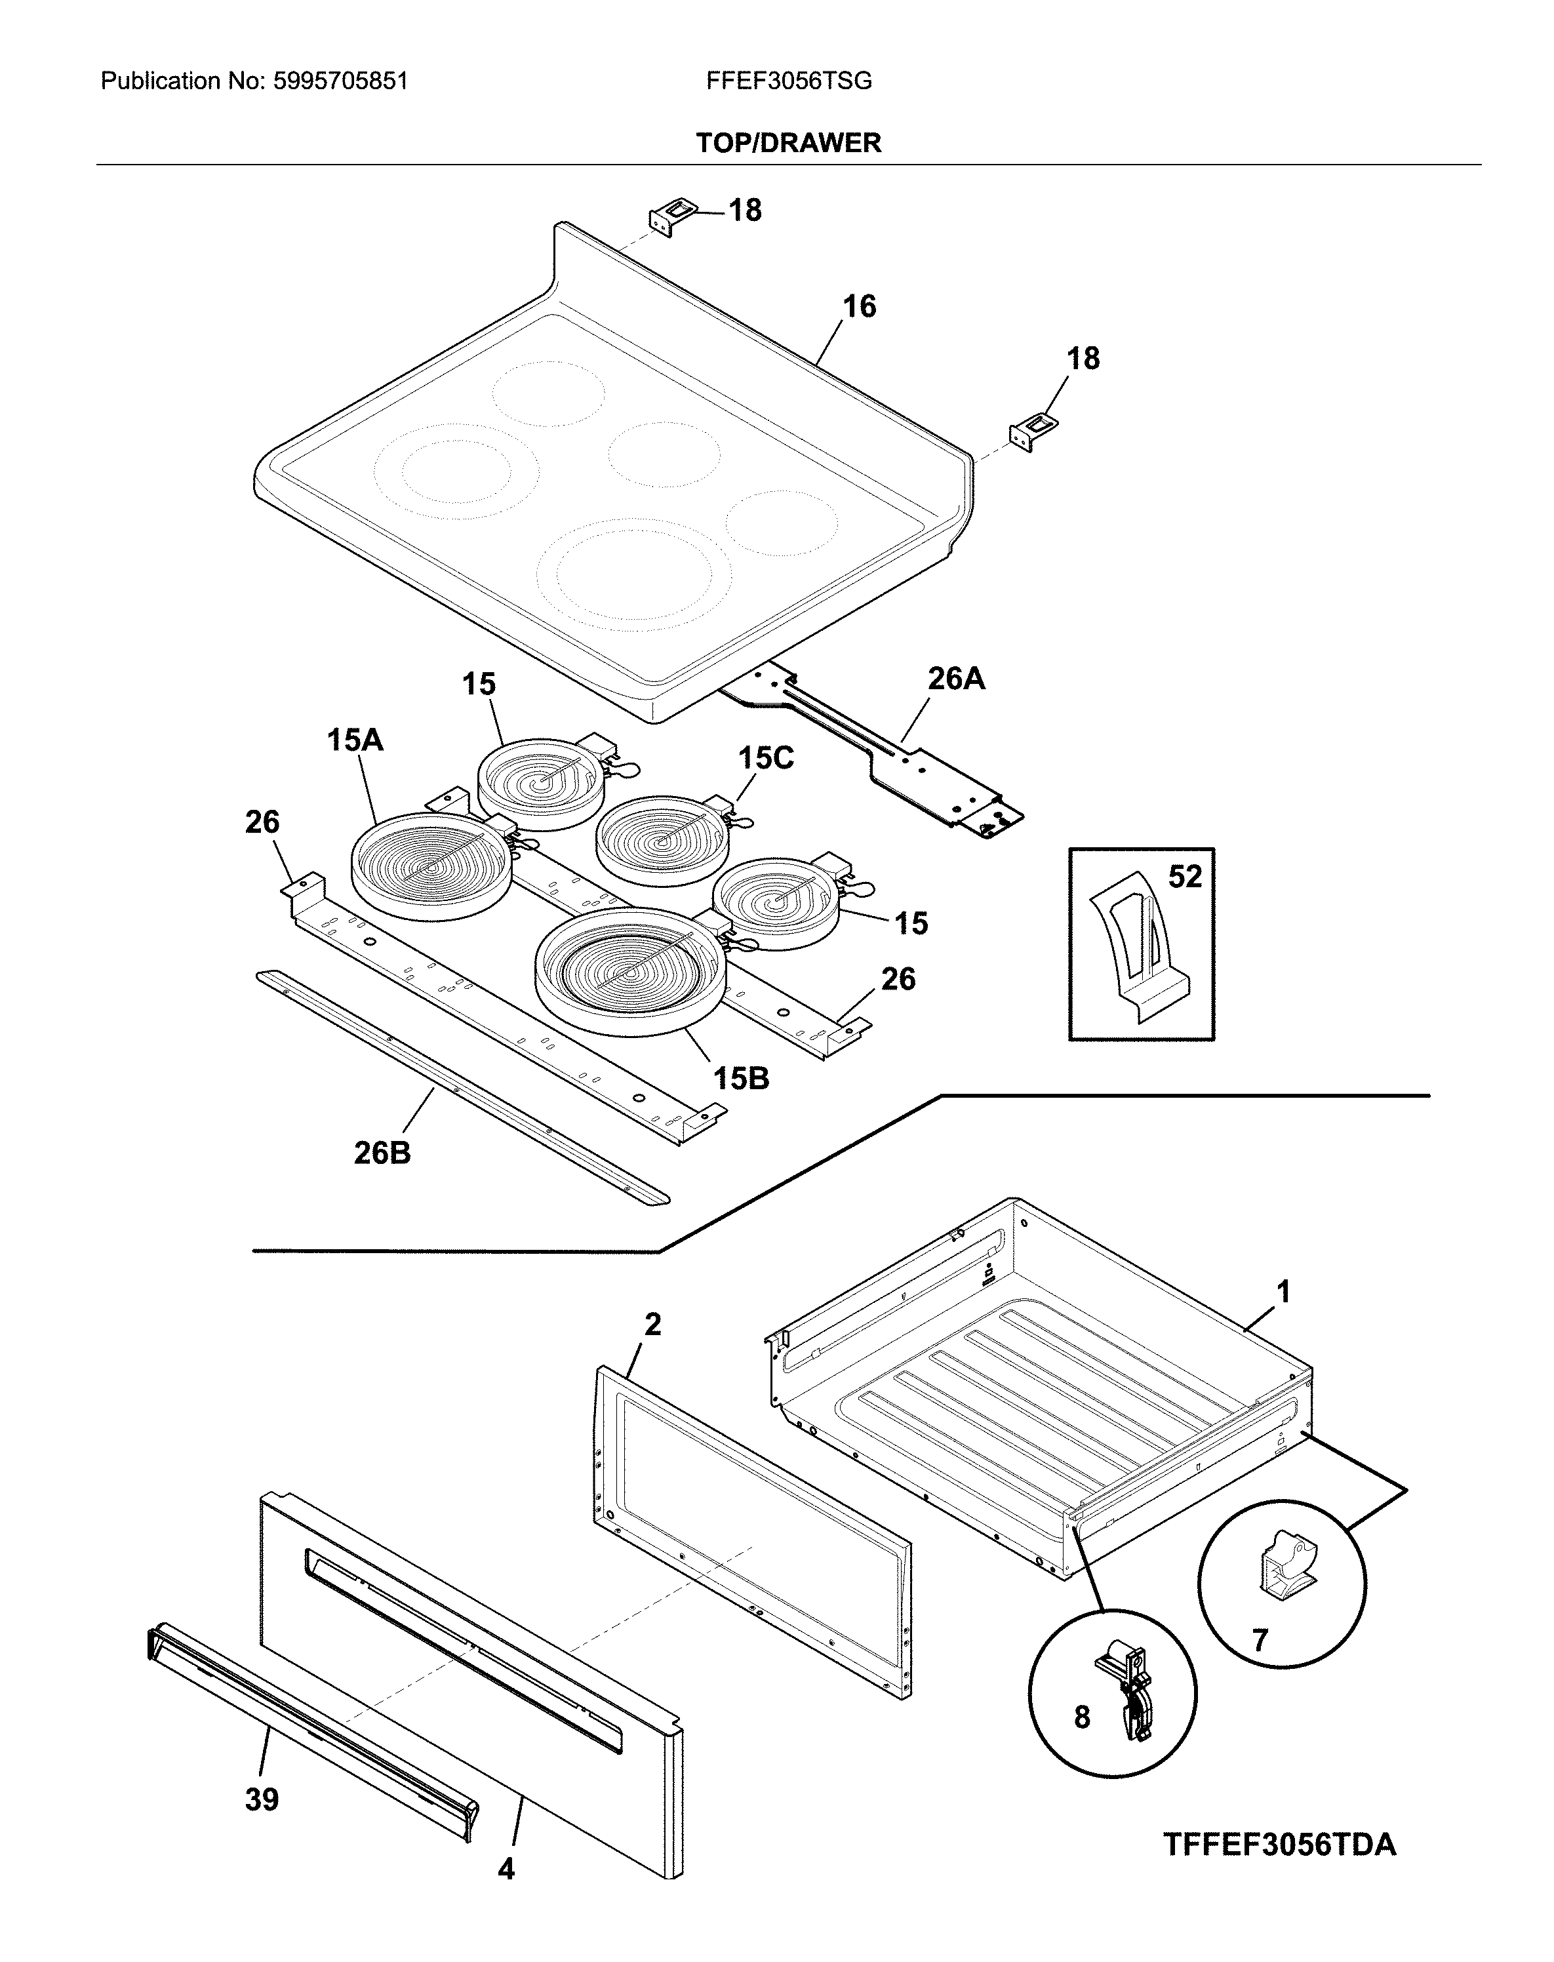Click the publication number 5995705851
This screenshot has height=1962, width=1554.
point(340,82)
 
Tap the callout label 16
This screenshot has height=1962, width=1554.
point(859,307)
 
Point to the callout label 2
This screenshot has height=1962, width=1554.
point(652,1324)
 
